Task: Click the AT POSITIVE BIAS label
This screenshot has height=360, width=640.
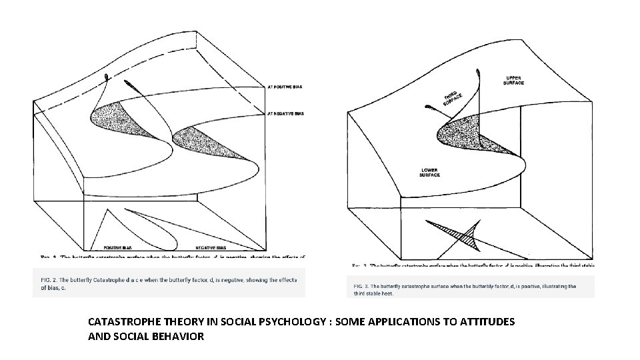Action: (285, 86)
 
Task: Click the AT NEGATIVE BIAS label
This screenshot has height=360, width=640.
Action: (285, 114)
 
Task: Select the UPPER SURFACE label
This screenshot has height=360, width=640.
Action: (515, 80)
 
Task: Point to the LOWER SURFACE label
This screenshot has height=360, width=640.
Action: (429, 172)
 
